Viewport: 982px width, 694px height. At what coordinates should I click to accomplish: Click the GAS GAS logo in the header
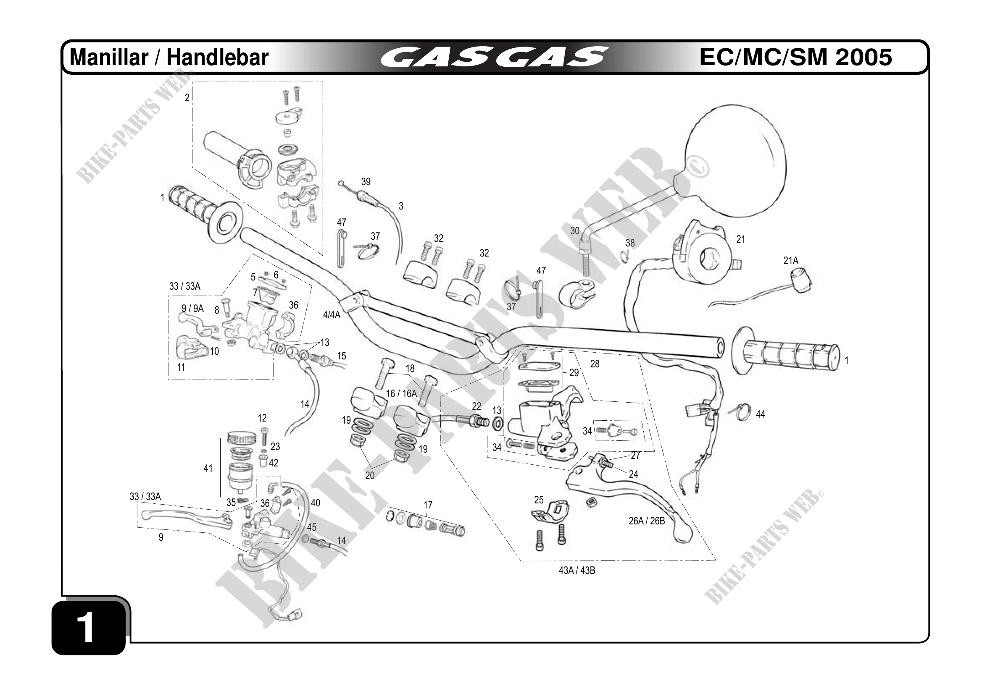pos(494,57)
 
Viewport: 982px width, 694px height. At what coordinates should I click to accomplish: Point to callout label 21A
pos(791,260)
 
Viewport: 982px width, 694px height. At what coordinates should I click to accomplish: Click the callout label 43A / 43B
pos(577,571)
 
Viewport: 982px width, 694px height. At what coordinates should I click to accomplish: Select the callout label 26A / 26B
pos(646,521)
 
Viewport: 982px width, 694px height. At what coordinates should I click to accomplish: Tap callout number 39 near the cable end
pos(366,182)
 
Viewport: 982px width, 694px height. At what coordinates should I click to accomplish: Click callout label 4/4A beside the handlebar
pos(332,315)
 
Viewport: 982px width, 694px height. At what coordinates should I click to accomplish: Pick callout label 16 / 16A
pos(401,393)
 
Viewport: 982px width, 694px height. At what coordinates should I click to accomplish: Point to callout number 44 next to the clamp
pos(760,414)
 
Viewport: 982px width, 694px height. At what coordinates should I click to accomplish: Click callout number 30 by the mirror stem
pos(575,231)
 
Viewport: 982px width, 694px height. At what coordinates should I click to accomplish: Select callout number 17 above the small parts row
pos(428,505)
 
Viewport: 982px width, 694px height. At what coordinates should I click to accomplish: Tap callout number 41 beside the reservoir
pos(208,469)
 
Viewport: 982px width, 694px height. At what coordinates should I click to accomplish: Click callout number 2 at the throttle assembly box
pos(187,98)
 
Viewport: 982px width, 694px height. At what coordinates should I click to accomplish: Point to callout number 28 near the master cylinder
pos(595,364)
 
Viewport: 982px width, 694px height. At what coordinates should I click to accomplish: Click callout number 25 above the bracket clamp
pos(539,500)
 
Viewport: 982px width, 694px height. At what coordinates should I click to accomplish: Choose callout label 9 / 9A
pos(192,308)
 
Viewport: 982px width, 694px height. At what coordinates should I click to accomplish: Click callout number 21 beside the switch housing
pos(741,239)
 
